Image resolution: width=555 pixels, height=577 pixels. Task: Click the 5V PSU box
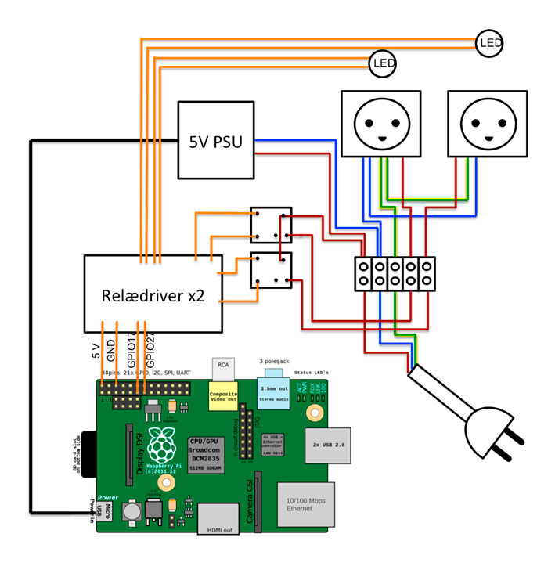click(x=217, y=142)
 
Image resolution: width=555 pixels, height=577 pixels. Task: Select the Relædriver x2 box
click(x=153, y=293)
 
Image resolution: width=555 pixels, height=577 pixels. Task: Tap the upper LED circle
click(x=489, y=42)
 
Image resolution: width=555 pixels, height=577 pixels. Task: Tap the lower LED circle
click(x=382, y=62)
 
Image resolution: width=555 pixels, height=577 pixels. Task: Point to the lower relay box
click(x=271, y=270)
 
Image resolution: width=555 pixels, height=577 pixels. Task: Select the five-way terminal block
click(x=395, y=274)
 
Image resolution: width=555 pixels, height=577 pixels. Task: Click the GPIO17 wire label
click(x=133, y=349)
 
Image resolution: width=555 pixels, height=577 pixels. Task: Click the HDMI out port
click(x=220, y=518)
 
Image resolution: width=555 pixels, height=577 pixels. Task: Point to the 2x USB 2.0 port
click(x=327, y=445)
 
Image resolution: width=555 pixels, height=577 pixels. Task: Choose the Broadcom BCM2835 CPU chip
click(x=207, y=453)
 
